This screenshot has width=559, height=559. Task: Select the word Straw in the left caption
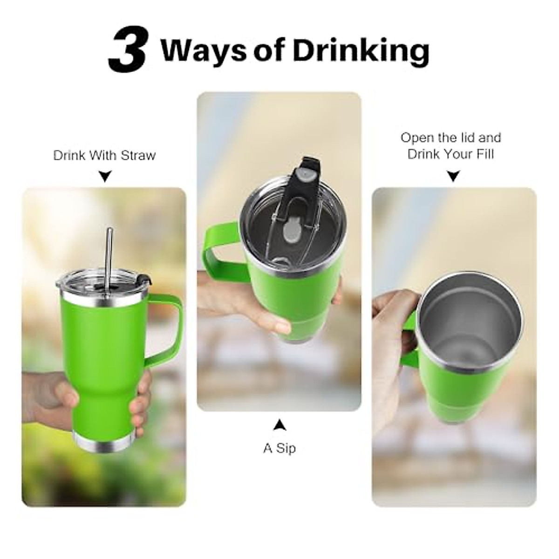click(138, 156)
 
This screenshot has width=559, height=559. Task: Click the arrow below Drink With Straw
click(105, 176)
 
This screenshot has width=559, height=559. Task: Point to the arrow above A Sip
click(279, 425)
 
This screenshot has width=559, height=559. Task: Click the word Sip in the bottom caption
click(286, 449)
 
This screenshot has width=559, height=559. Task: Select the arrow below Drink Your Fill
click(453, 176)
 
